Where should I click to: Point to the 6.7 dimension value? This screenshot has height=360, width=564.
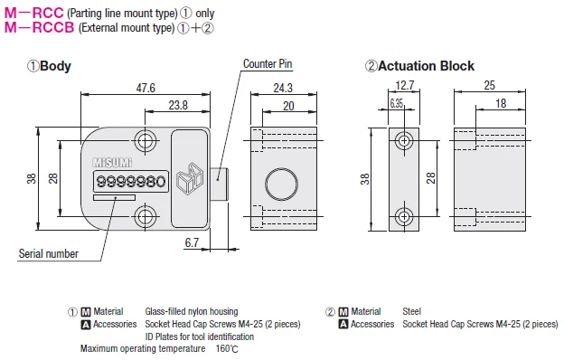[x=191, y=243]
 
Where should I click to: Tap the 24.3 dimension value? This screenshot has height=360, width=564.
[x=282, y=88]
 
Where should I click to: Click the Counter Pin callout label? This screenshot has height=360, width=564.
[x=268, y=64]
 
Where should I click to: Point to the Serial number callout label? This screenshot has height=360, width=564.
[x=48, y=254]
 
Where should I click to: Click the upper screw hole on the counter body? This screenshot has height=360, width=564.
[x=145, y=140]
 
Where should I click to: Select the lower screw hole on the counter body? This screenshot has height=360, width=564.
[x=145, y=216]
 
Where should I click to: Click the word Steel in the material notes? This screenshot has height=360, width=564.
[x=413, y=311]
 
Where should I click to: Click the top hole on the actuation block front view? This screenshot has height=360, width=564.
[x=403, y=140]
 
